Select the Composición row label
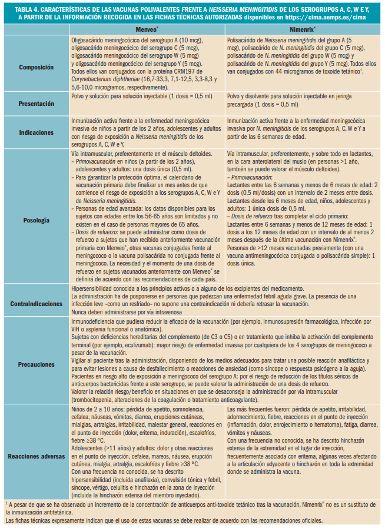click(x=36, y=67)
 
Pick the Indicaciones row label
click(x=36, y=133)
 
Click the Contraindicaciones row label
click(x=36, y=304)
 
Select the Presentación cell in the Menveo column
click(x=145, y=95)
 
